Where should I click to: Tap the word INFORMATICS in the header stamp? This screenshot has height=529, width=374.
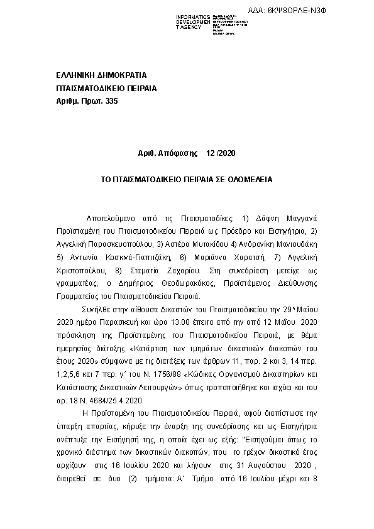point(193,16)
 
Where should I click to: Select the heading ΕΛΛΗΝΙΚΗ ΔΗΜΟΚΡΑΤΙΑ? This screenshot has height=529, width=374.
point(101,75)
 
